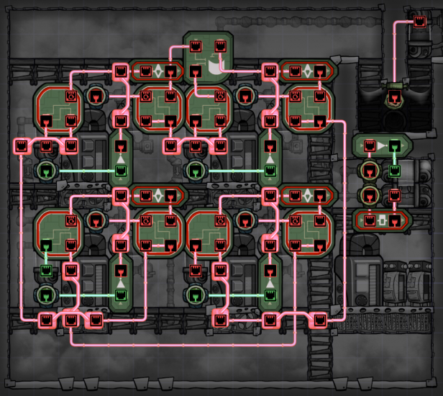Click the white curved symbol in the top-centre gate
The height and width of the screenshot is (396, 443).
click(x=214, y=69)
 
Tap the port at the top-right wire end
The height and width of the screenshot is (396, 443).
click(x=419, y=22)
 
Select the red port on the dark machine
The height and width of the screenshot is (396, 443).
click(x=393, y=96)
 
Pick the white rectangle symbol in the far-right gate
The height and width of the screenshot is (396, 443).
click(x=382, y=219)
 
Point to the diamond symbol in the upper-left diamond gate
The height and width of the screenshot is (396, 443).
click(x=158, y=71)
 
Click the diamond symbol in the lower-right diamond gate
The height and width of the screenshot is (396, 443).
click(x=307, y=194)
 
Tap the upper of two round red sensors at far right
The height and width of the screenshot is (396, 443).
click(x=370, y=171)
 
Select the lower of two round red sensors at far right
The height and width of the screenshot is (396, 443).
click(x=370, y=194)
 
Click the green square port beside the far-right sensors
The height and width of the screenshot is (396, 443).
click(x=394, y=171)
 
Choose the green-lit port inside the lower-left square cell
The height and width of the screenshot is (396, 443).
click(x=47, y=270)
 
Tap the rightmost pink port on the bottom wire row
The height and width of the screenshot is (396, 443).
click(x=317, y=320)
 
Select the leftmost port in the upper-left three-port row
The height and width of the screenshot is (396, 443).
click(x=22, y=146)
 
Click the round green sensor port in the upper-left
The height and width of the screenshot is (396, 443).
click(x=47, y=171)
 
